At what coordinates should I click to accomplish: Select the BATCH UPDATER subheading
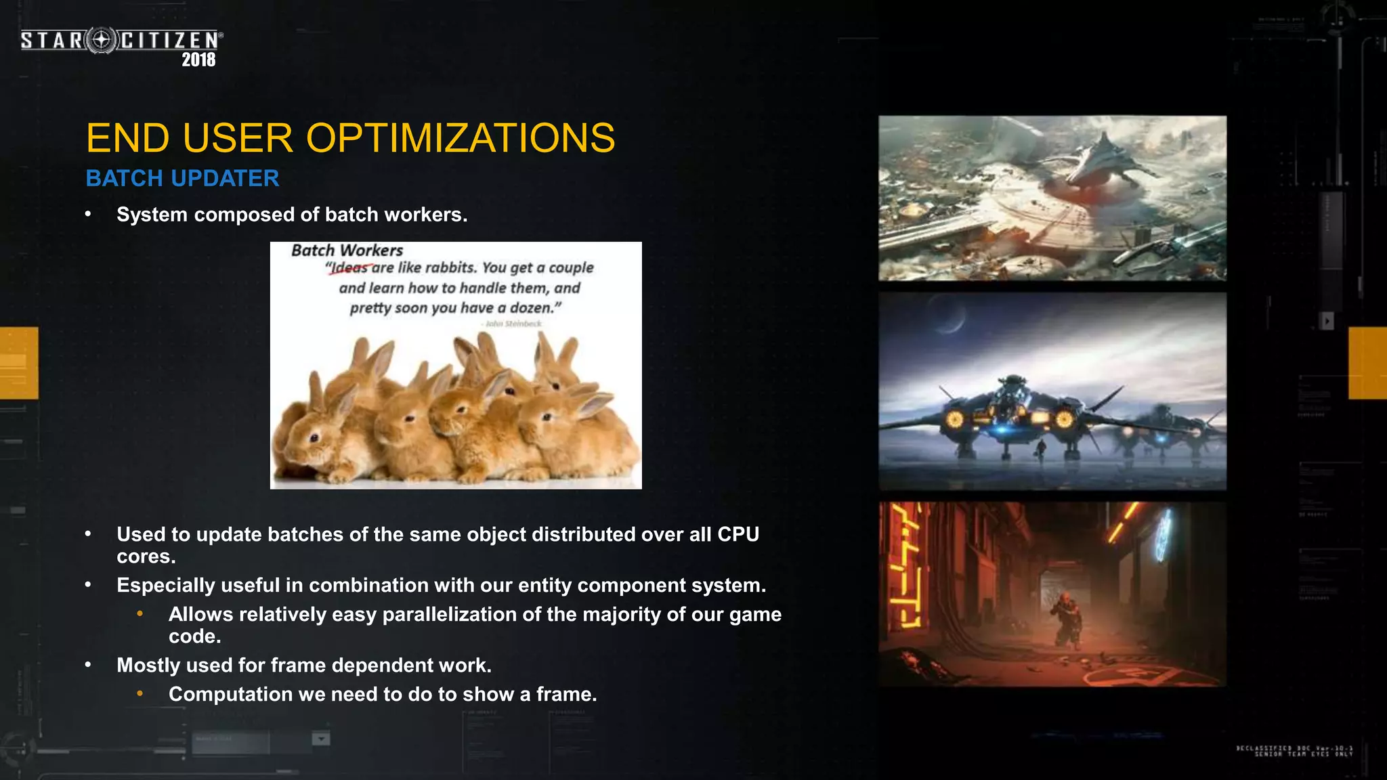[x=182, y=178]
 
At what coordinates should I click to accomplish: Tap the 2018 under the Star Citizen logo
[x=198, y=60]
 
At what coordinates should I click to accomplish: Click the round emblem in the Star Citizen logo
[x=102, y=41]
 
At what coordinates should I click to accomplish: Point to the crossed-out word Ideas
[x=349, y=268]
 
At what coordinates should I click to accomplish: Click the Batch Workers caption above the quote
[x=347, y=251]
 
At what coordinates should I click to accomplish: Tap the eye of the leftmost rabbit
[x=314, y=438]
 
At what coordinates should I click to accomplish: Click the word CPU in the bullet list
[x=738, y=534]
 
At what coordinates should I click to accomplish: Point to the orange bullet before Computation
[x=140, y=693]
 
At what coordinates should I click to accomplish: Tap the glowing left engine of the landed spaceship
[x=955, y=420]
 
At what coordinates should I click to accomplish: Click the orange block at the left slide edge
[x=19, y=362]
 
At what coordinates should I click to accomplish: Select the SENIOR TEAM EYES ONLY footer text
[x=1303, y=754]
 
